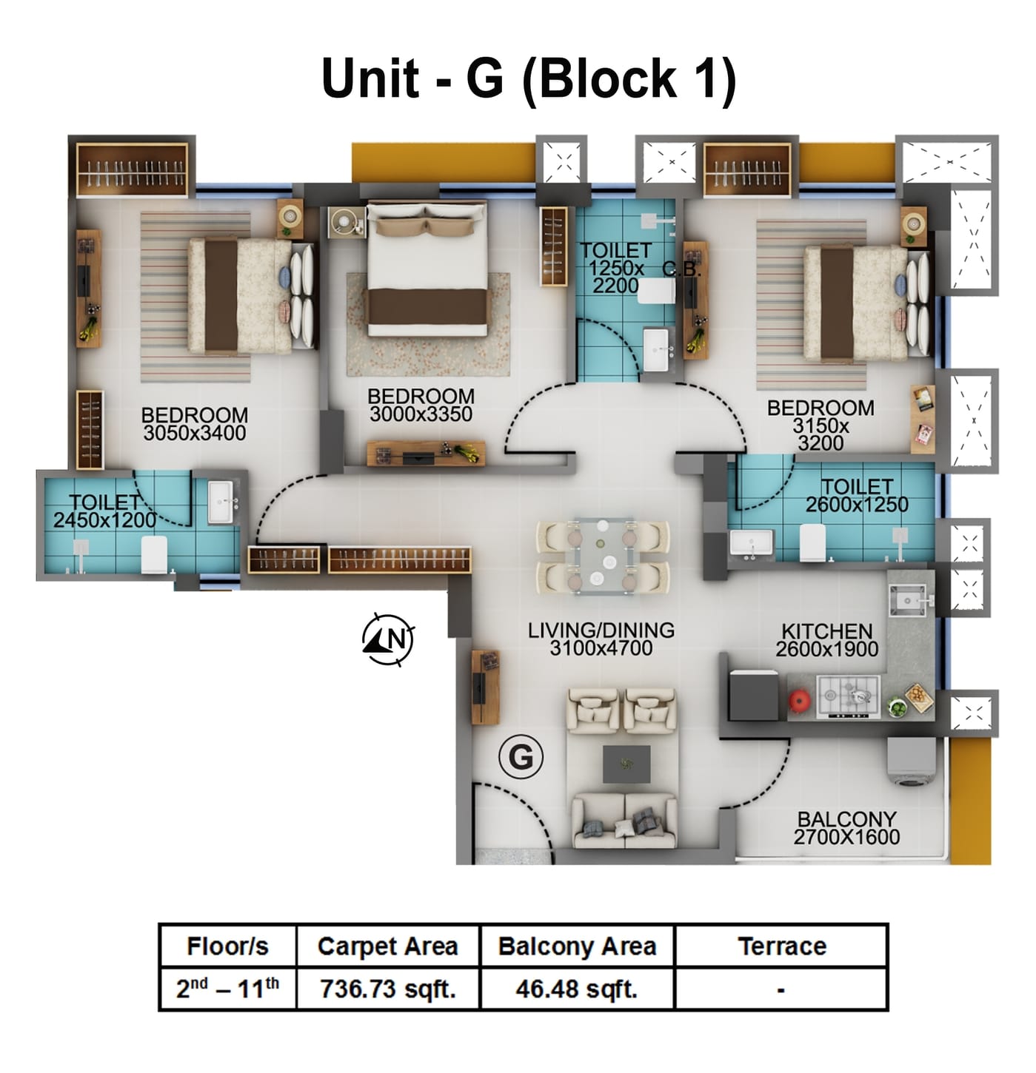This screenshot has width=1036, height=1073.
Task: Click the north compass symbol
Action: click(388, 638)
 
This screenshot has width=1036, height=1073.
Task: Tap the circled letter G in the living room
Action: click(521, 757)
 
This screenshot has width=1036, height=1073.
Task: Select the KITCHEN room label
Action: click(826, 631)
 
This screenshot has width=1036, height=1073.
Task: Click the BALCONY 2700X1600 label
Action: click(846, 828)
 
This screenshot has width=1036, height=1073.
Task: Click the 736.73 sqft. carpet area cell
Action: click(387, 989)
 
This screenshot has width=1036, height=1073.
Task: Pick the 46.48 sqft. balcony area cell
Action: click(576, 989)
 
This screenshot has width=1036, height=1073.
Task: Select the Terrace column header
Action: click(781, 946)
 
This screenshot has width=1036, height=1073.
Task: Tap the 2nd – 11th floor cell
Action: click(227, 989)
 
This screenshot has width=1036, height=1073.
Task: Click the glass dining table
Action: click(601, 556)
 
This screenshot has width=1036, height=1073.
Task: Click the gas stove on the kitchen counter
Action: click(848, 696)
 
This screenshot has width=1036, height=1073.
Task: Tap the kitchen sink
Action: click(908, 599)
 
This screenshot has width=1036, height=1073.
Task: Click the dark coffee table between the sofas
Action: click(626, 764)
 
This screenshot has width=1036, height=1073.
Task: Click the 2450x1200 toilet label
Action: click(104, 520)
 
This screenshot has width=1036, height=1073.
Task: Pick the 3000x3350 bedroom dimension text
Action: click(421, 414)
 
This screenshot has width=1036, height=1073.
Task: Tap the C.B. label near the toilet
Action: click(681, 269)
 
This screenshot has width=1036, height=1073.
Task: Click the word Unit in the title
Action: click(371, 78)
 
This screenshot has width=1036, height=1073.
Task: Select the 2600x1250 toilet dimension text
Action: click(857, 505)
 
